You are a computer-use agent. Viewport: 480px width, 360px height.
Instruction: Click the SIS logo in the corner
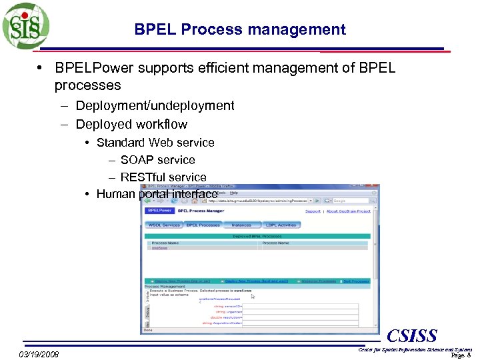(x=25, y=26)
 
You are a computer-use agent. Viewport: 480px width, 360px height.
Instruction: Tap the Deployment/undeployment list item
(x=155, y=105)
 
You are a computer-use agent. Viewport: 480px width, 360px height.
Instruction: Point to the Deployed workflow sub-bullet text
(x=131, y=124)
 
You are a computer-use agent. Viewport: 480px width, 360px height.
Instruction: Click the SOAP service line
(x=157, y=160)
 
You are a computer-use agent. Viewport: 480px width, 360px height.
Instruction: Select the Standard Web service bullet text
(x=155, y=143)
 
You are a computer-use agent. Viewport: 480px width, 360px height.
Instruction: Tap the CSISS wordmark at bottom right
(x=412, y=335)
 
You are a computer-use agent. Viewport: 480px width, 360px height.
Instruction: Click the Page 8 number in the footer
(x=461, y=355)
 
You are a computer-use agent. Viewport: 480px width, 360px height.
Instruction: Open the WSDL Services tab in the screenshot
(x=164, y=225)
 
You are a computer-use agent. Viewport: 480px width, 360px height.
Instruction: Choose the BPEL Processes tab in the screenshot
(x=203, y=225)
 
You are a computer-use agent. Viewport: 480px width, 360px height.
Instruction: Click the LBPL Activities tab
(x=281, y=225)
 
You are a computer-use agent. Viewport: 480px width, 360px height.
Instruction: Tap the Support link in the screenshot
(x=313, y=211)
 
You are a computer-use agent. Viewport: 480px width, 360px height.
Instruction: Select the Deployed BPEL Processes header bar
(x=257, y=236)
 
